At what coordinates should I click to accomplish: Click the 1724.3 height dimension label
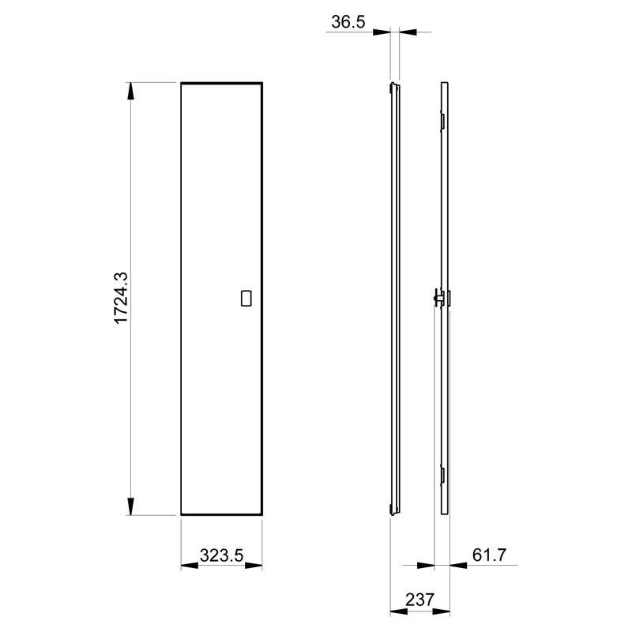click(x=121, y=299)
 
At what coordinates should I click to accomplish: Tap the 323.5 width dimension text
click(x=222, y=555)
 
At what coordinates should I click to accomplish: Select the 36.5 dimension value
click(x=348, y=22)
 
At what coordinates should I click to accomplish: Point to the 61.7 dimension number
click(x=489, y=555)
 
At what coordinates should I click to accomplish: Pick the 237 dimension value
click(x=420, y=600)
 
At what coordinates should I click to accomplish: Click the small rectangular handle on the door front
click(x=246, y=299)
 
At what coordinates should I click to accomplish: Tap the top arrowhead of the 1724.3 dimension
click(x=130, y=91)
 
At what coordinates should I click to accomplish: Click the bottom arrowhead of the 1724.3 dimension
click(x=130, y=506)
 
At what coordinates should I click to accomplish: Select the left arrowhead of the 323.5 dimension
click(x=190, y=566)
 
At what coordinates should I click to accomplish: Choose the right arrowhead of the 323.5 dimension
click(x=254, y=566)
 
